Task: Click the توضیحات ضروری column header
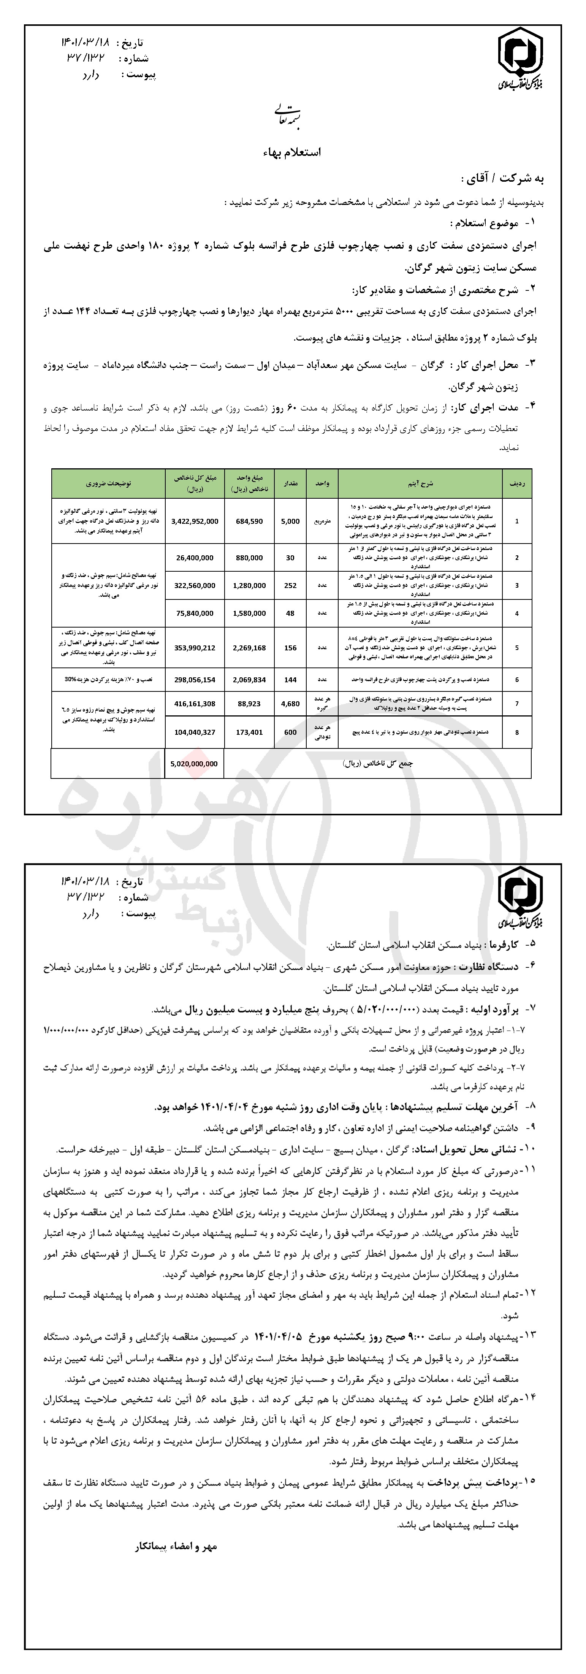(x=108, y=484)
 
